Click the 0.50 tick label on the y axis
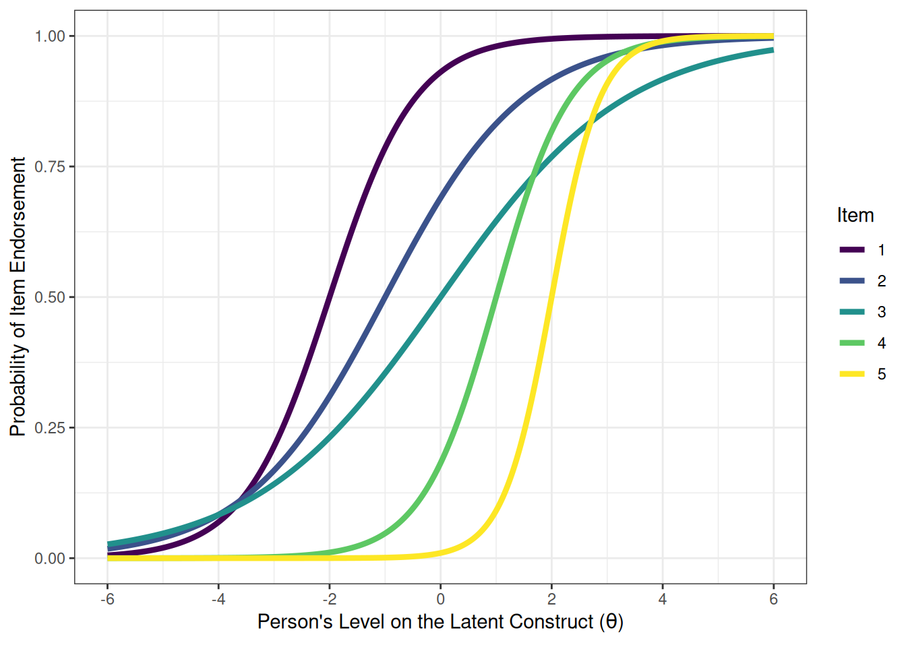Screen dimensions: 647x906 tap(50, 297)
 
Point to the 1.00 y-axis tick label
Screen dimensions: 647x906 tap(50, 36)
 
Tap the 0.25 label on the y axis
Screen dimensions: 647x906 tap(50, 428)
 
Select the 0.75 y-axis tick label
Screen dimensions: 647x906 tap(50, 166)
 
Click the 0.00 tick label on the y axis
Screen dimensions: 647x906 tap(50, 559)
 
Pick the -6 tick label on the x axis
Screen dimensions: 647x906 tap(107, 599)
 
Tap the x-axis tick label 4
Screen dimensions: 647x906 tap(663, 599)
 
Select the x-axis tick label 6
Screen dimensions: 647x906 tap(773, 599)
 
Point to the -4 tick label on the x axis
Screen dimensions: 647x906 tap(218, 599)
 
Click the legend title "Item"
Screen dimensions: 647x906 tap(855, 216)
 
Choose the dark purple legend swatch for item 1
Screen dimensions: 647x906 tap(852, 250)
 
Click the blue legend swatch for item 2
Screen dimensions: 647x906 tap(852, 281)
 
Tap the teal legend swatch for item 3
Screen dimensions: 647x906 tap(852, 312)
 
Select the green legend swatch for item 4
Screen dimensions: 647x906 tap(852, 343)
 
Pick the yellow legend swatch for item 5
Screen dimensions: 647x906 tap(852, 374)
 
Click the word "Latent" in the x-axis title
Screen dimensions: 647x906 tap(476, 621)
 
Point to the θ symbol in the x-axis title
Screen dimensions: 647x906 tap(611, 621)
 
